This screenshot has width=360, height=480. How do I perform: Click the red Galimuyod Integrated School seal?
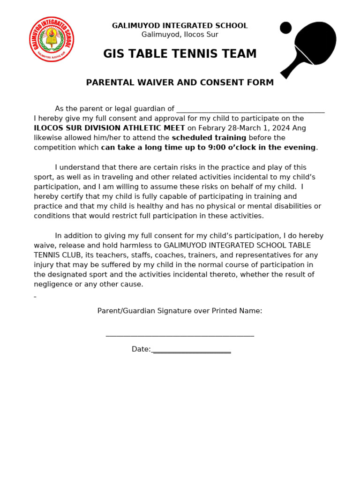[52, 39]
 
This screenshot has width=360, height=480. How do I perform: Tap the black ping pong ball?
[285, 28]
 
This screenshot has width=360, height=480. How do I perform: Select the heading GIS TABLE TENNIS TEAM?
[180, 54]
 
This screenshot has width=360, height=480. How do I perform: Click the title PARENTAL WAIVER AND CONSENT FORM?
[180, 83]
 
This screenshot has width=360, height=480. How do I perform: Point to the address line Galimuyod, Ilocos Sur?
[180, 35]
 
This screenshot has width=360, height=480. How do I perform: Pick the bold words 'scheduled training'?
[209, 138]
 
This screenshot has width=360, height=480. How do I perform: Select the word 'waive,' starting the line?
[45, 246]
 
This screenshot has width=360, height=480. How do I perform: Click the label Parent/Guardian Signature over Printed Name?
[180, 311]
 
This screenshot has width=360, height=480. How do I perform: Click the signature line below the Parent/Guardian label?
[180, 335]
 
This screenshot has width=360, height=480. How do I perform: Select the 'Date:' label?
[141, 349]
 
